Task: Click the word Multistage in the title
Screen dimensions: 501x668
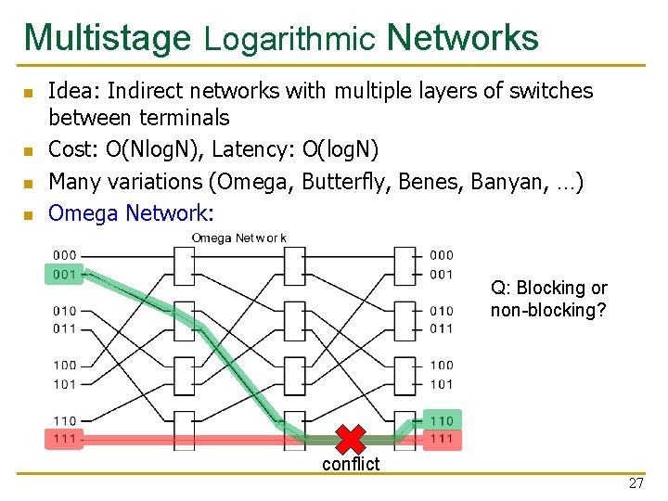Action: click(107, 38)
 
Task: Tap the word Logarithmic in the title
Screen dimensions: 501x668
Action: click(289, 39)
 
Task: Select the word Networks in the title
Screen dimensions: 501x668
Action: click(462, 38)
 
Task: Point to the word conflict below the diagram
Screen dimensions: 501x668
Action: click(351, 464)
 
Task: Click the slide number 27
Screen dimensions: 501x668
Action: click(636, 483)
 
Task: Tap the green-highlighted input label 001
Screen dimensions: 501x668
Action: click(65, 274)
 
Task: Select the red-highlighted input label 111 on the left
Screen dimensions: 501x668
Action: click(65, 439)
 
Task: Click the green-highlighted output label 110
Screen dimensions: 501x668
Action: click(442, 420)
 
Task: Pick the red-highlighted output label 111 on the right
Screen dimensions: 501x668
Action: click(442, 439)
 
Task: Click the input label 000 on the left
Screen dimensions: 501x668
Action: click(65, 255)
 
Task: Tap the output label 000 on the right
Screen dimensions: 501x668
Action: click(442, 255)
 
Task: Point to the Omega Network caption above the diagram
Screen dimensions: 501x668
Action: click(238, 238)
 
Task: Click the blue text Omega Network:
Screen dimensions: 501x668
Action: click(131, 212)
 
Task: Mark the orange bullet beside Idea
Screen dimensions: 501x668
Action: click(29, 93)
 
